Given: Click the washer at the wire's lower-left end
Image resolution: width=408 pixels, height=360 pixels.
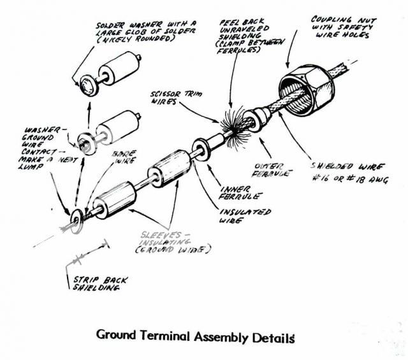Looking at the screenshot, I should click(75, 215).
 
